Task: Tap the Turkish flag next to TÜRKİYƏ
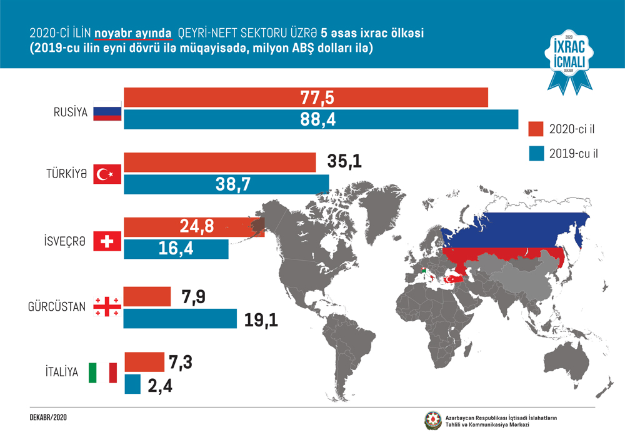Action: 106,175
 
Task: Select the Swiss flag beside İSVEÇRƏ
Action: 106,241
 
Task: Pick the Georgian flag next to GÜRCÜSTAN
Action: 106,305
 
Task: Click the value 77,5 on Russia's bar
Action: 317,98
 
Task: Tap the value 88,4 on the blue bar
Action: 317,119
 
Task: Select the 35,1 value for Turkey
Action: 344,163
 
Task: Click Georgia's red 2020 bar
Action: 147,296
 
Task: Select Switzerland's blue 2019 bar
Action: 176,249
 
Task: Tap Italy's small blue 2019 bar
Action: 132,384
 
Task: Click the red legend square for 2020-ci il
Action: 535,129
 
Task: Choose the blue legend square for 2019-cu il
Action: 535,153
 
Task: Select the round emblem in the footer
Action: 432,420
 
